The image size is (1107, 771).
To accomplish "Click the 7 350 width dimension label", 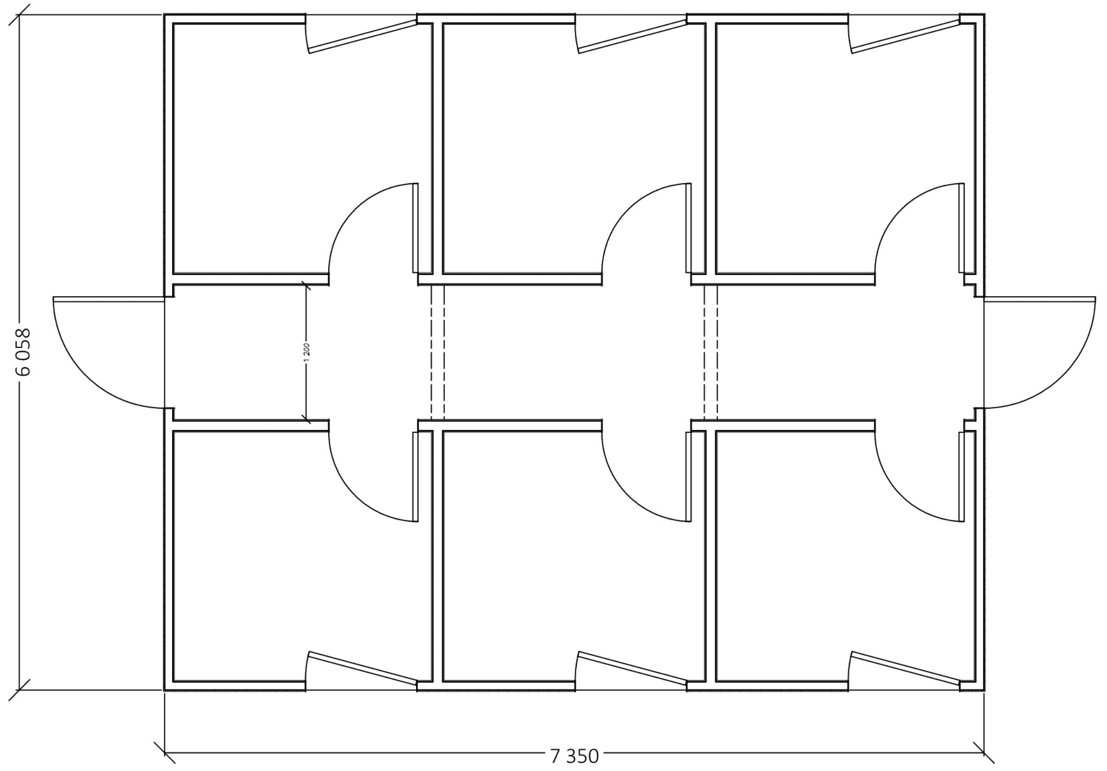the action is click(x=574, y=756).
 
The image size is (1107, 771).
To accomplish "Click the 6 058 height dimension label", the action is click(x=23, y=352).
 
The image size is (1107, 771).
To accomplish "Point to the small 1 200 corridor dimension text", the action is click(x=308, y=352).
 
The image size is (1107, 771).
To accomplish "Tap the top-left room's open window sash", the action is click(x=363, y=36).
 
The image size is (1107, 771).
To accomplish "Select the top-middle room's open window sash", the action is click(x=633, y=36).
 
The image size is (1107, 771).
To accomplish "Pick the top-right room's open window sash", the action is click(x=906, y=36).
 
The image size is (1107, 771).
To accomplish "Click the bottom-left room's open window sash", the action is click(x=363, y=668).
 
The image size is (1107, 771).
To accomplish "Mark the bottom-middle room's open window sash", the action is click(x=633, y=668).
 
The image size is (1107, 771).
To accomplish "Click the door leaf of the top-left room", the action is click(x=415, y=228).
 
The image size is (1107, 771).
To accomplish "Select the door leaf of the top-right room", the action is click(x=962, y=228).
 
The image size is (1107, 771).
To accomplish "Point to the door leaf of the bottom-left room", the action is click(x=415, y=477).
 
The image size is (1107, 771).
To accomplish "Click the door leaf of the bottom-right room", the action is click(x=962, y=477).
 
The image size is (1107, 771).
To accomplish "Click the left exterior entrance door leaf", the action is click(x=109, y=299).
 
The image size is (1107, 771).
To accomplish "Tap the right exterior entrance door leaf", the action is click(x=1040, y=299).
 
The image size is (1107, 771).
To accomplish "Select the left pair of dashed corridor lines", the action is click(x=437, y=353).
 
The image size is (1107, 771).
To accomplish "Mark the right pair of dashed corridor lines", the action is click(x=711, y=353).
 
